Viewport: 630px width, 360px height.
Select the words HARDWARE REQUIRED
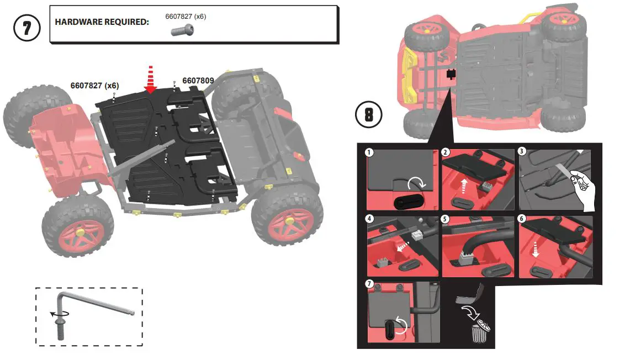tap(102, 23)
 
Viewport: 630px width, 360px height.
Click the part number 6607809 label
tap(198, 81)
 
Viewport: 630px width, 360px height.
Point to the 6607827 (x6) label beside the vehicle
tap(94, 86)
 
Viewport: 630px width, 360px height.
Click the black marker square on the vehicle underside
tap(451, 74)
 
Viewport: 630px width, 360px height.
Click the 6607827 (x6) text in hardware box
tap(186, 17)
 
